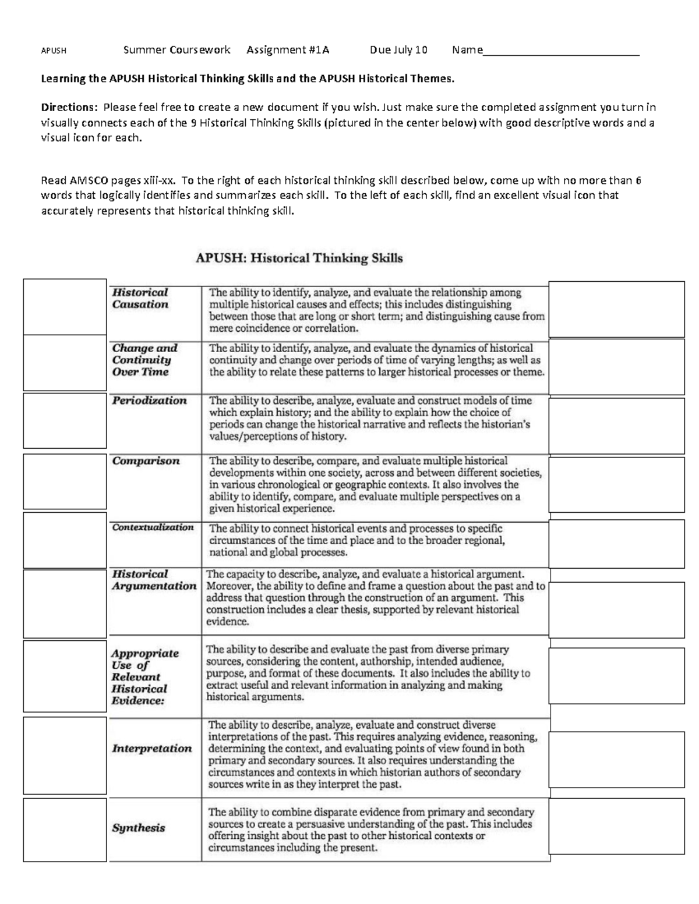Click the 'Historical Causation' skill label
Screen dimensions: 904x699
click(140, 299)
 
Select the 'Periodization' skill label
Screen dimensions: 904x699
click(150, 400)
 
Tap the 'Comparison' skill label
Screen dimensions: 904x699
click(146, 461)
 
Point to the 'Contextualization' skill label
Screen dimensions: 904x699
click(153, 527)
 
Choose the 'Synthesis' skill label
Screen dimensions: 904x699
click(139, 828)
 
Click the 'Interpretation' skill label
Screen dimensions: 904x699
click(152, 749)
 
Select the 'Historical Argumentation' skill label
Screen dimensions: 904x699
click(154, 580)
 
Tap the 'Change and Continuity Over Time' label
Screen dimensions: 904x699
click(144, 360)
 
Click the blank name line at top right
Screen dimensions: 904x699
click(562, 51)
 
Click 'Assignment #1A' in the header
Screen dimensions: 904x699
click(288, 50)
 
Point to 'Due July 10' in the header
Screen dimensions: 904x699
click(398, 50)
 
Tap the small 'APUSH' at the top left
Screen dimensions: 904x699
click(54, 51)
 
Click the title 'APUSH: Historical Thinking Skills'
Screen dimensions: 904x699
click(298, 258)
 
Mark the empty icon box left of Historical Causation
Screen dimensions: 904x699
click(65, 307)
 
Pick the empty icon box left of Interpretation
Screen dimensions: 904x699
click(65, 756)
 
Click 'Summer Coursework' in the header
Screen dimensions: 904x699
click(177, 50)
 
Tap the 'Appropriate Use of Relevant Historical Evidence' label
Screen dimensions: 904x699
click(145, 677)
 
